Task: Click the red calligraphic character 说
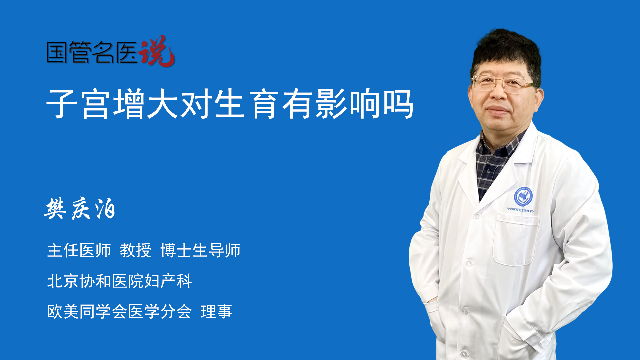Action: (x=157, y=51)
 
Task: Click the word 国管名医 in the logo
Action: (x=92, y=52)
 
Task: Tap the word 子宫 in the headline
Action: (x=78, y=104)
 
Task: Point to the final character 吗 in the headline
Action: (x=399, y=104)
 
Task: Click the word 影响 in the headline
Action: (x=348, y=104)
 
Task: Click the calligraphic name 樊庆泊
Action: (x=80, y=209)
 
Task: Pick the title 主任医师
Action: (x=79, y=250)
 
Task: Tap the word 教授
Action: (x=136, y=250)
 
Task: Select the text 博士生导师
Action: (x=200, y=250)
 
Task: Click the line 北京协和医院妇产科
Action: (x=119, y=281)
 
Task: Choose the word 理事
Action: (x=216, y=312)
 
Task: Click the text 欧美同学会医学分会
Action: (x=119, y=312)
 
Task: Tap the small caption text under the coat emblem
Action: (x=521, y=209)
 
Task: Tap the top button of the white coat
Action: (x=476, y=216)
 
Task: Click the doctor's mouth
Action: (x=497, y=110)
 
